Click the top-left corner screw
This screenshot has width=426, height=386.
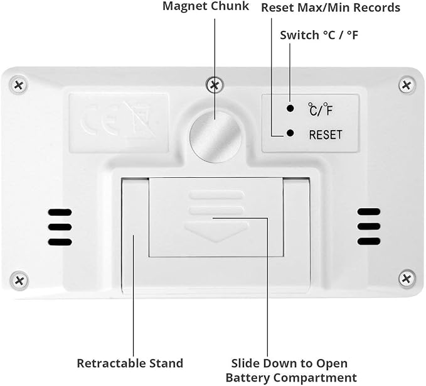coord(18,85)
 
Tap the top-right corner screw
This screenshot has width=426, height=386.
coord(407,85)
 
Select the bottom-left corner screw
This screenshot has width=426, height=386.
coord(19,280)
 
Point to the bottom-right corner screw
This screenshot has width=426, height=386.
coord(407,278)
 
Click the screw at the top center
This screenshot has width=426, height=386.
coord(215,85)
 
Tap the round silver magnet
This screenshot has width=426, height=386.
coord(215,137)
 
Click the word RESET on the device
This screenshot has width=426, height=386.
coord(326,135)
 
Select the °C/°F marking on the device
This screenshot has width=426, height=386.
coord(321,109)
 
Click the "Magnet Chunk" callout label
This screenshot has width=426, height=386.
coord(206,6)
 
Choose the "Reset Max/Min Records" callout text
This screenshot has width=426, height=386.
coord(331,8)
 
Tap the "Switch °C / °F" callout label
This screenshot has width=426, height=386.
coord(319,35)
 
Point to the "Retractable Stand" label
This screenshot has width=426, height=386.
coord(130,363)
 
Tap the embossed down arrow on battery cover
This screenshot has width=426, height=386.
coord(216,231)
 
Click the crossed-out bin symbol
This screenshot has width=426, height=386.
coord(139,120)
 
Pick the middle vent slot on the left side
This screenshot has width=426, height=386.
coord(60,227)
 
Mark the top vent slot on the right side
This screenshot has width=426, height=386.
coord(369,211)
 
